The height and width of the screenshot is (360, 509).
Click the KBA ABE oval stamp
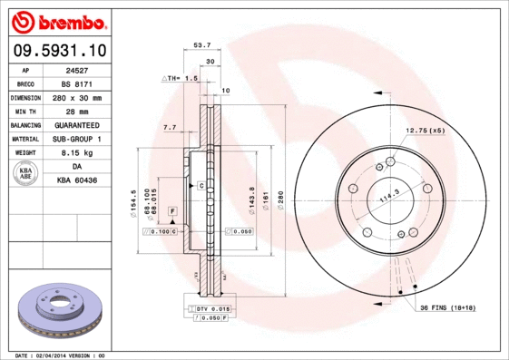point(26,174)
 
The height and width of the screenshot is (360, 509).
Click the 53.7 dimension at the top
point(202,44)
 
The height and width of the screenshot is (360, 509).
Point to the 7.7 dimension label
point(169,128)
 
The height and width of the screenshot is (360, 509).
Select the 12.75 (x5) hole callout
point(426,131)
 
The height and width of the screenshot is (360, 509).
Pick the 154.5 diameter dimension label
point(134,199)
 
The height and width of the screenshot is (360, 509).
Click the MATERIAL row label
point(24,139)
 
